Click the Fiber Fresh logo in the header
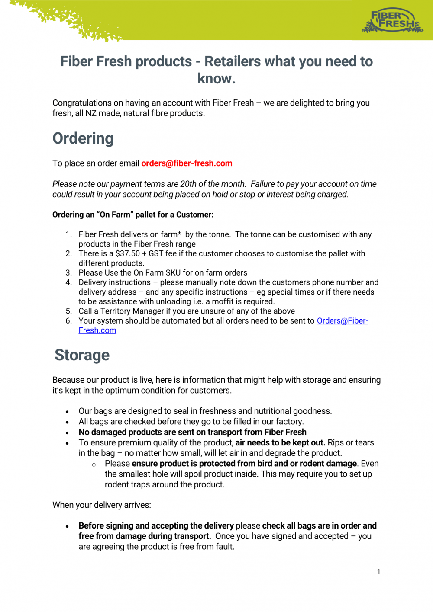[392, 21]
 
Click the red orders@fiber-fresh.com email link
[187, 163]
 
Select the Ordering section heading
[83, 138]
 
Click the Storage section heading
[82, 355]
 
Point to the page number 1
[379, 572]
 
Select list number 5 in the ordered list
[68, 311]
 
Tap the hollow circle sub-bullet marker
[94, 465]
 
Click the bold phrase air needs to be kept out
[280, 442]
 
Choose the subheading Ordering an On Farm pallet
[132, 215]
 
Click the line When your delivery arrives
[102, 505]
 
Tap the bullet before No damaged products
[67, 433]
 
